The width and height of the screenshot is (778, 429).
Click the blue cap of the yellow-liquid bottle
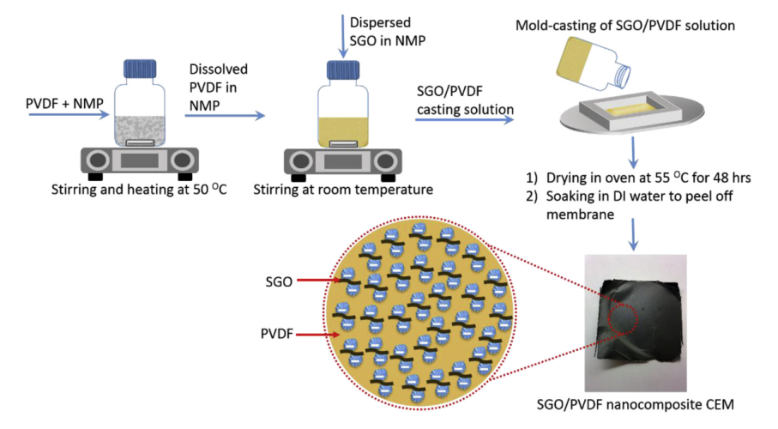click(x=344, y=69)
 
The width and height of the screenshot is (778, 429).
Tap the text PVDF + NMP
click(x=60, y=104)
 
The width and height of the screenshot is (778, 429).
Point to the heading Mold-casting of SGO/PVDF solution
click(x=625, y=25)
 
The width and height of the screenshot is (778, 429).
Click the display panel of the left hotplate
click(x=138, y=159)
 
